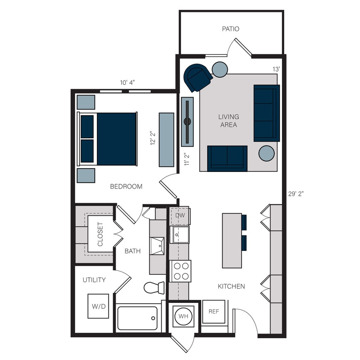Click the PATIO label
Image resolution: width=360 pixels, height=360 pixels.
click(x=230, y=29)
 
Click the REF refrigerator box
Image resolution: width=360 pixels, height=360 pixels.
click(x=214, y=312)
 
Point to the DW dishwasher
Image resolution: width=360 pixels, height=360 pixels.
click(x=180, y=215)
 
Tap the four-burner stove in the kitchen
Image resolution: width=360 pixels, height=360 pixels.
click(x=181, y=271)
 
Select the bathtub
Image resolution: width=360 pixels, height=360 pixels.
click(x=137, y=318)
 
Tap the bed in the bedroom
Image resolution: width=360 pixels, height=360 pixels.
click(x=108, y=139)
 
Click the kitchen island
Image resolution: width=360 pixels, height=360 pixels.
click(x=232, y=241)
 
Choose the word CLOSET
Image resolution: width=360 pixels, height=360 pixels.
click(x=100, y=234)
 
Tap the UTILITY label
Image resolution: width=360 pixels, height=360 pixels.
click(x=94, y=280)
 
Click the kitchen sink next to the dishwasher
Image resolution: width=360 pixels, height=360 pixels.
click(x=180, y=235)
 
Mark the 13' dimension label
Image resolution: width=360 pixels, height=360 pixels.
click(x=276, y=69)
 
